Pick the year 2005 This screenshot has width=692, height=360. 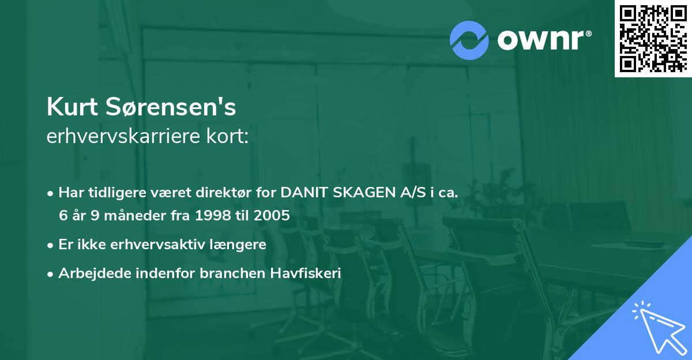point(273,216)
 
